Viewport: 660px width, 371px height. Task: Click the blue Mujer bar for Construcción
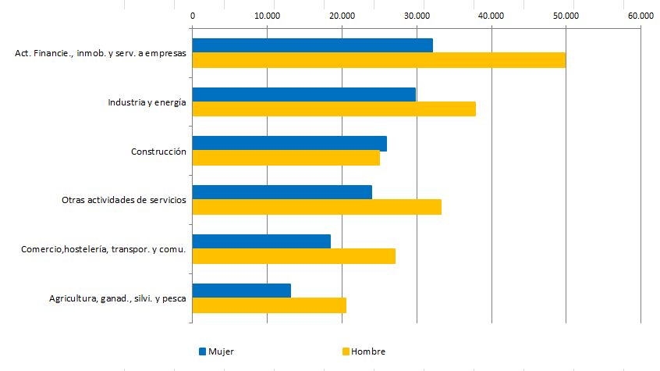coord(289,144)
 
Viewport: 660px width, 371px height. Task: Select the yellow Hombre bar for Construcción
coord(286,158)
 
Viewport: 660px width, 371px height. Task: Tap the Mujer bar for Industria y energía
coord(303,95)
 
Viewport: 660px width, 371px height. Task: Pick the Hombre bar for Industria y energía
coord(334,109)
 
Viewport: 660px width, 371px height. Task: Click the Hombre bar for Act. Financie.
coord(378,60)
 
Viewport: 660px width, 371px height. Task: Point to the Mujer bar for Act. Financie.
coord(312,45)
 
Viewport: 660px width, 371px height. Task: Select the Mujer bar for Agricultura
coord(241,291)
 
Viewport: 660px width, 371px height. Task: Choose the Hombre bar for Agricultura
coord(269,305)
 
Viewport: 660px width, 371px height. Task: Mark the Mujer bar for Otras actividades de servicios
coord(282,192)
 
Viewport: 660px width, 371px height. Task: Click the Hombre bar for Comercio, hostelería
coord(293,256)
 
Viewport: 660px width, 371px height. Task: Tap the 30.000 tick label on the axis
coord(417,16)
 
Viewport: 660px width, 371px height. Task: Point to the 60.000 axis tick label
coord(640,16)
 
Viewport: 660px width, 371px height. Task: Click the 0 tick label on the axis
coord(193,16)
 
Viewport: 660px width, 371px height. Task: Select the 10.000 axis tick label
coord(267,16)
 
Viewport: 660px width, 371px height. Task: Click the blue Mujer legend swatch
coord(203,351)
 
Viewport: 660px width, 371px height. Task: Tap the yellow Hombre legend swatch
coord(346,351)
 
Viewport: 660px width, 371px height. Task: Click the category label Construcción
coord(158,152)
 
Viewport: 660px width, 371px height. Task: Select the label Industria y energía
coord(147,102)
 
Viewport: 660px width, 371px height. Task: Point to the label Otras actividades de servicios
coord(123,200)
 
